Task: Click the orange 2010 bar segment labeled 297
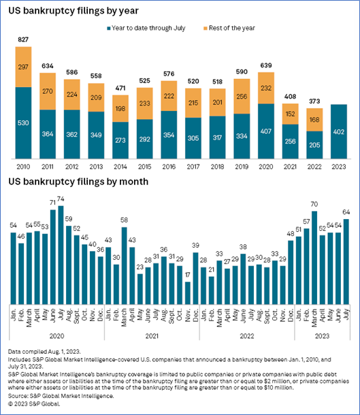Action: pyautogui.click(x=23, y=67)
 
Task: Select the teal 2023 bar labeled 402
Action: pyautogui.click(x=339, y=131)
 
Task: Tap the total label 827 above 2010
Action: pyautogui.click(x=23, y=39)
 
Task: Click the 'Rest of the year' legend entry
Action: pyautogui.click(x=229, y=28)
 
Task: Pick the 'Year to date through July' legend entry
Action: pyautogui.click(x=146, y=28)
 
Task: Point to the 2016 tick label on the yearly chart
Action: pyautogui.click(x=169, y=167)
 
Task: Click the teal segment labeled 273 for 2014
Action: pyautogui.click(x=120, y=140)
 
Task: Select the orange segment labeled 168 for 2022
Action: pyautogui.click(x=314, y=120)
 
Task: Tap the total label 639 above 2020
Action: pyautogui.click(x=266, y=65)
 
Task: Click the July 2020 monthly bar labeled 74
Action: pyautogui.click(x=61, y=255)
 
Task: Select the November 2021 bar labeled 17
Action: pyautogui.click(x=188, y=293)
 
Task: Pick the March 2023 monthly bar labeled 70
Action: pyautogui.click(x=314, y=258)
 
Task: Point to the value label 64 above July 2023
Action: pyautogui.click(x=346, y=212)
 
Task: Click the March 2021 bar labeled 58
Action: pyautogui.click(x=124, y=265)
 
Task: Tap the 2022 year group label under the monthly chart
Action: pyautogui.click(x=247, y=336)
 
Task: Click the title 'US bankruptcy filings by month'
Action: pyautogui.click(x=78, y=182)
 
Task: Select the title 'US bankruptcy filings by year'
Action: pyautogui.click(x=73, y=11)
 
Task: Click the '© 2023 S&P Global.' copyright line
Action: pyautogui.click(x=34, y=404)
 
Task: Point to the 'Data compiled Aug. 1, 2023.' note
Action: pyautogui.click(x=44, y=352)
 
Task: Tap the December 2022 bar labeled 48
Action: pyautogui.click(x=291, y=272)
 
